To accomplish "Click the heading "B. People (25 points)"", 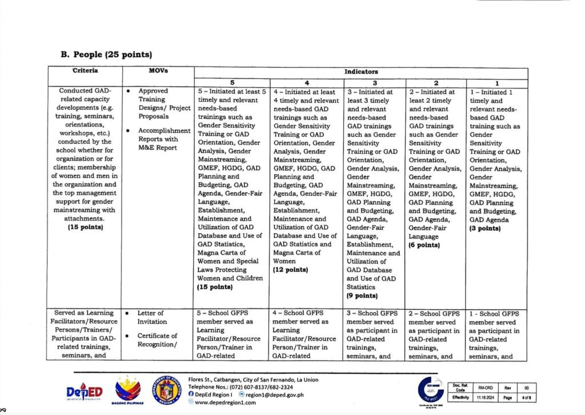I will [x=106, y=55].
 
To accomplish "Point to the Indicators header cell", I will [x=360, y=73].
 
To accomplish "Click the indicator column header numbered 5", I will [x=231, y=83].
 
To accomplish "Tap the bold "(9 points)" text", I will [x=362, y=296].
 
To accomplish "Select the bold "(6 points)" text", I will [x=424, y=245].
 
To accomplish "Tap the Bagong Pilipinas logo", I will [x=127, y=390].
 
